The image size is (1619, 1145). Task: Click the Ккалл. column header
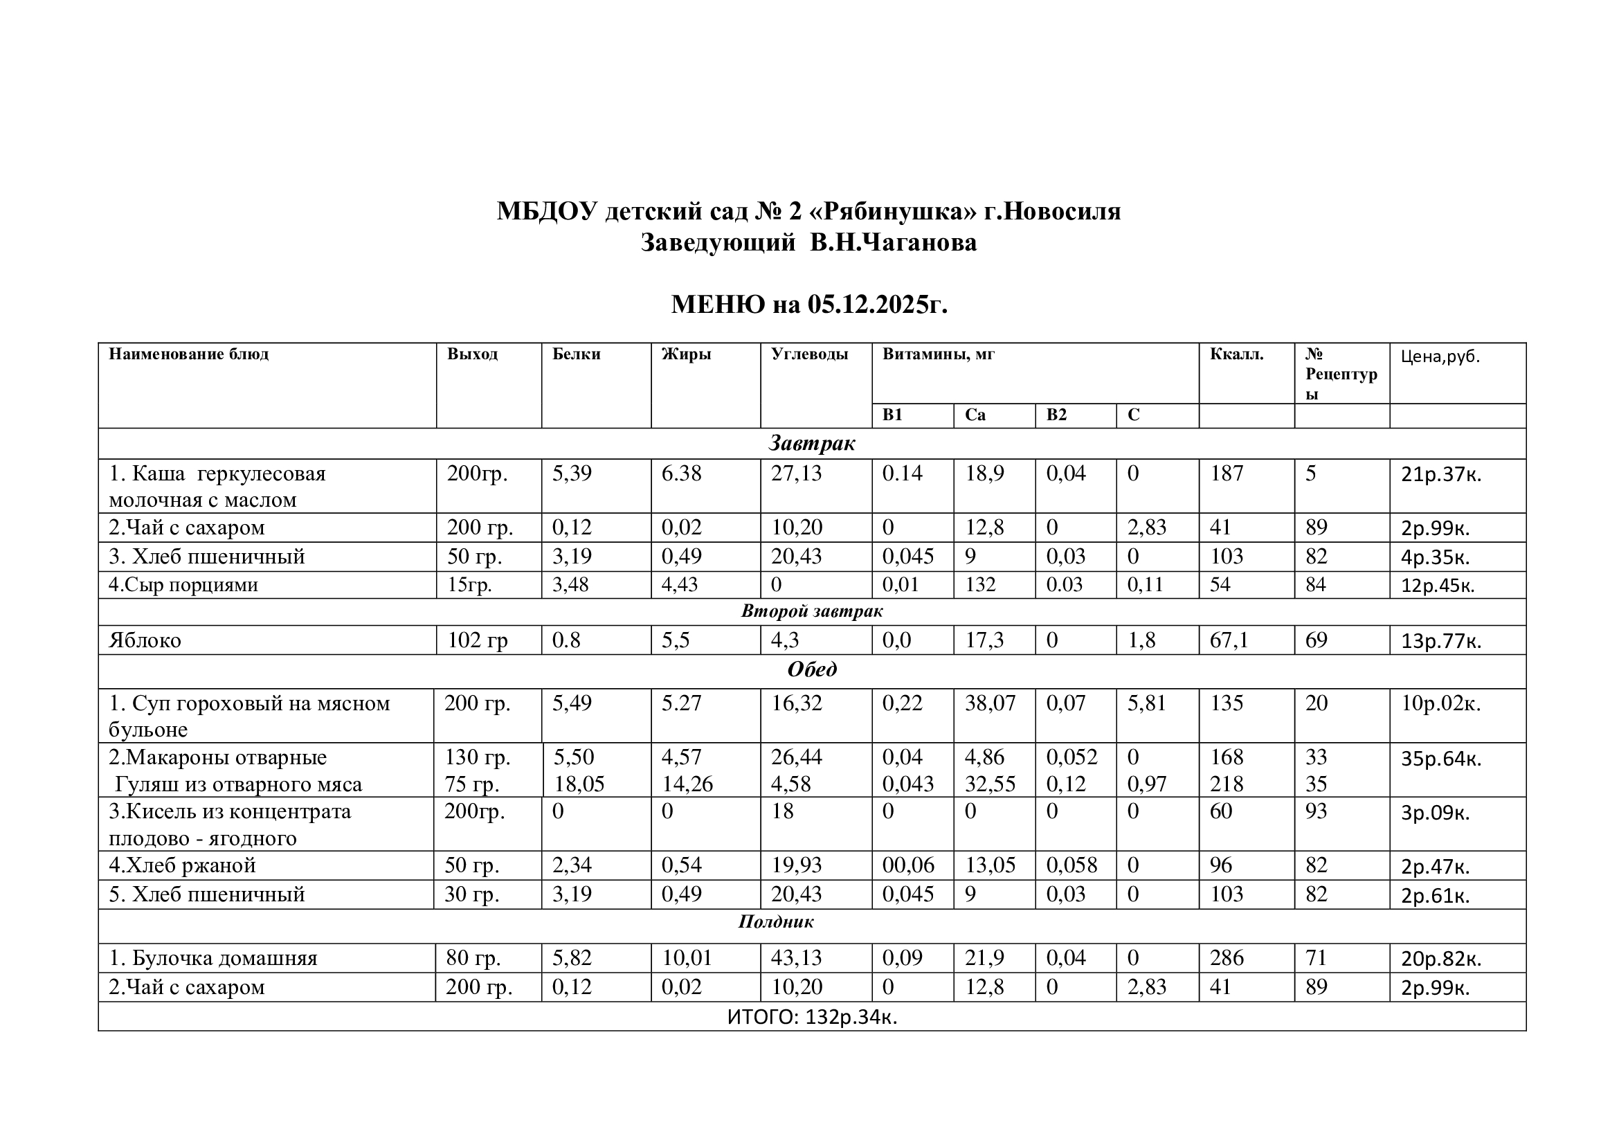(1237, 354)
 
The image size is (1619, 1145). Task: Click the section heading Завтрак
(812, 443)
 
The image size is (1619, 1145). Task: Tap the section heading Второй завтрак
(812, 611)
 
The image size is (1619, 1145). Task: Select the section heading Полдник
(776, 921)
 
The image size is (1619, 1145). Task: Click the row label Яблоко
(145, 640)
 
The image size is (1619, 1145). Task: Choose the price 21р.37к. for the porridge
(1440, 474)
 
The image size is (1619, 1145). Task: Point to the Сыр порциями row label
(183, 584)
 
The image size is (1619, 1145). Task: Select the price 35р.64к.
(1440, 759)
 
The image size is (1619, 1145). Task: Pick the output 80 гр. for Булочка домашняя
(473, 958)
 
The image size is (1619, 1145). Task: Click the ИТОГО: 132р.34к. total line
(812, 1018)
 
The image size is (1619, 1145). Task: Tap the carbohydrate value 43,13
(796, 958)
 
